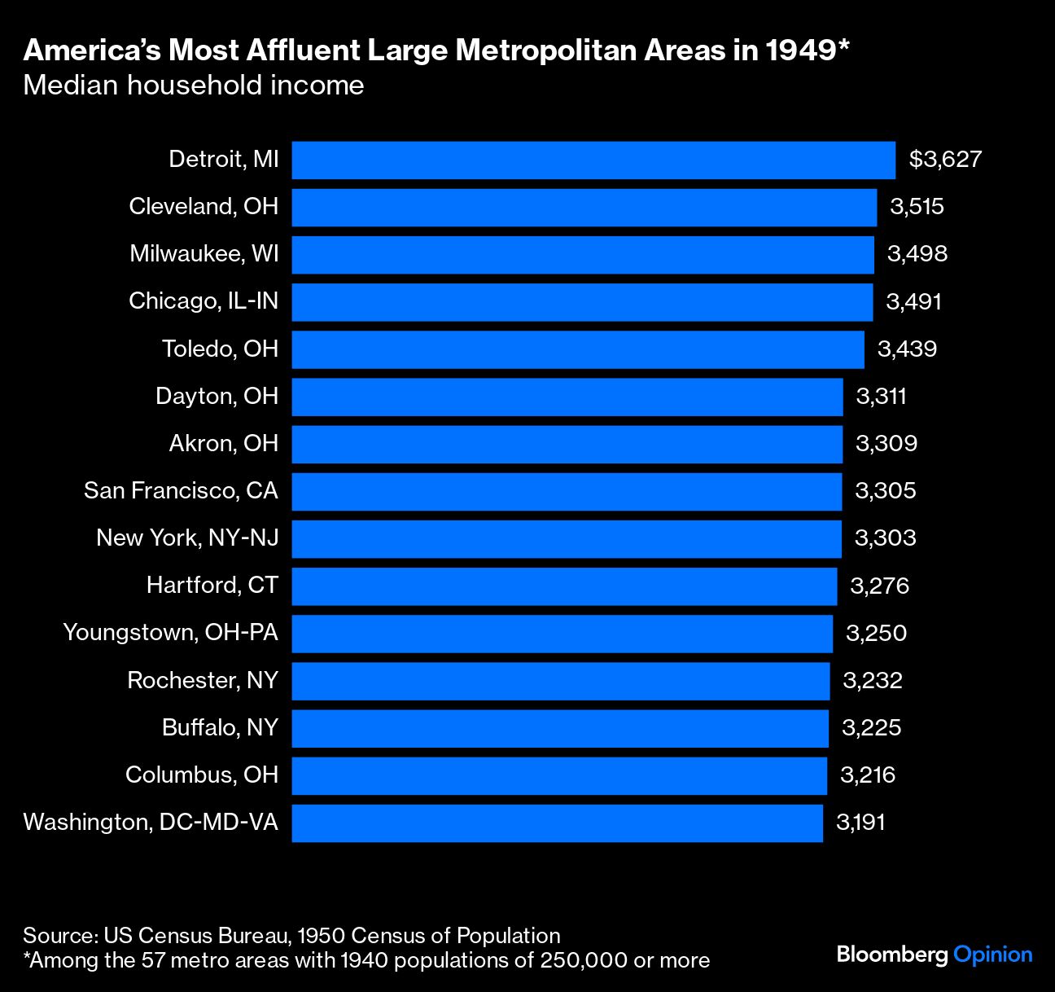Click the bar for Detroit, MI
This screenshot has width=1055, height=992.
(x=593, y=160)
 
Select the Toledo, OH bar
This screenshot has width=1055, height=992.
(x=578, y=349)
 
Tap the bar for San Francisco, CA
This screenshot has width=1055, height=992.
(x=567, y=491)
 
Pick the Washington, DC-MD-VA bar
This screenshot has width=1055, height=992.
(x=557, y=823)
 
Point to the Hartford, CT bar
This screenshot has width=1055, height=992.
(x=564, y=586)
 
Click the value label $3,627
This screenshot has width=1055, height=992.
(x=945, y=160)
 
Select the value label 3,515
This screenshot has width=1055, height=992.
(x=917, y=207)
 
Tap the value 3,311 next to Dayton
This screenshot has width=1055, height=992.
(x=881, y=397)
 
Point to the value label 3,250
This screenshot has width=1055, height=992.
(x=876, y=634)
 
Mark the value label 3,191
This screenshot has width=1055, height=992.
(x=860, y=823)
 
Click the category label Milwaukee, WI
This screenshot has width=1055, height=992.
(x=204, y=254)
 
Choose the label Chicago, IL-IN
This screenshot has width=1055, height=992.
(x=204, y=301)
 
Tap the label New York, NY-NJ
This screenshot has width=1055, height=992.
(x=187, y=538)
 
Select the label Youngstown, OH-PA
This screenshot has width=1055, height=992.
(x=171, y=633)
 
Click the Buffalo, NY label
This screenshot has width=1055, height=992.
(x=220, y=727)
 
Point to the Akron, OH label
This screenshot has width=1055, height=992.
(x=224, y=444)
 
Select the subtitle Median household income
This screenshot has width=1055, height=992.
(x=194, y=86)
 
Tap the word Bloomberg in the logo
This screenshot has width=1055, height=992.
(x=892, y=955)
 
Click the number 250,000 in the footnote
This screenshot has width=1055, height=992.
(x=584, y=961)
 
